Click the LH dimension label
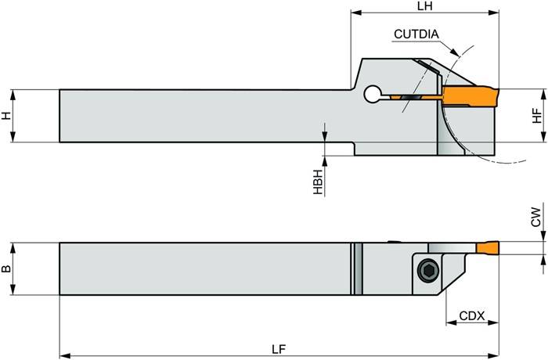[426, 5]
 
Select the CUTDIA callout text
[416, 34]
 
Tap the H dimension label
[6, 116]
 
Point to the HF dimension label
[536, 116]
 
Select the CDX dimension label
[472, 316]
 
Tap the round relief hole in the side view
[372, 95]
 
